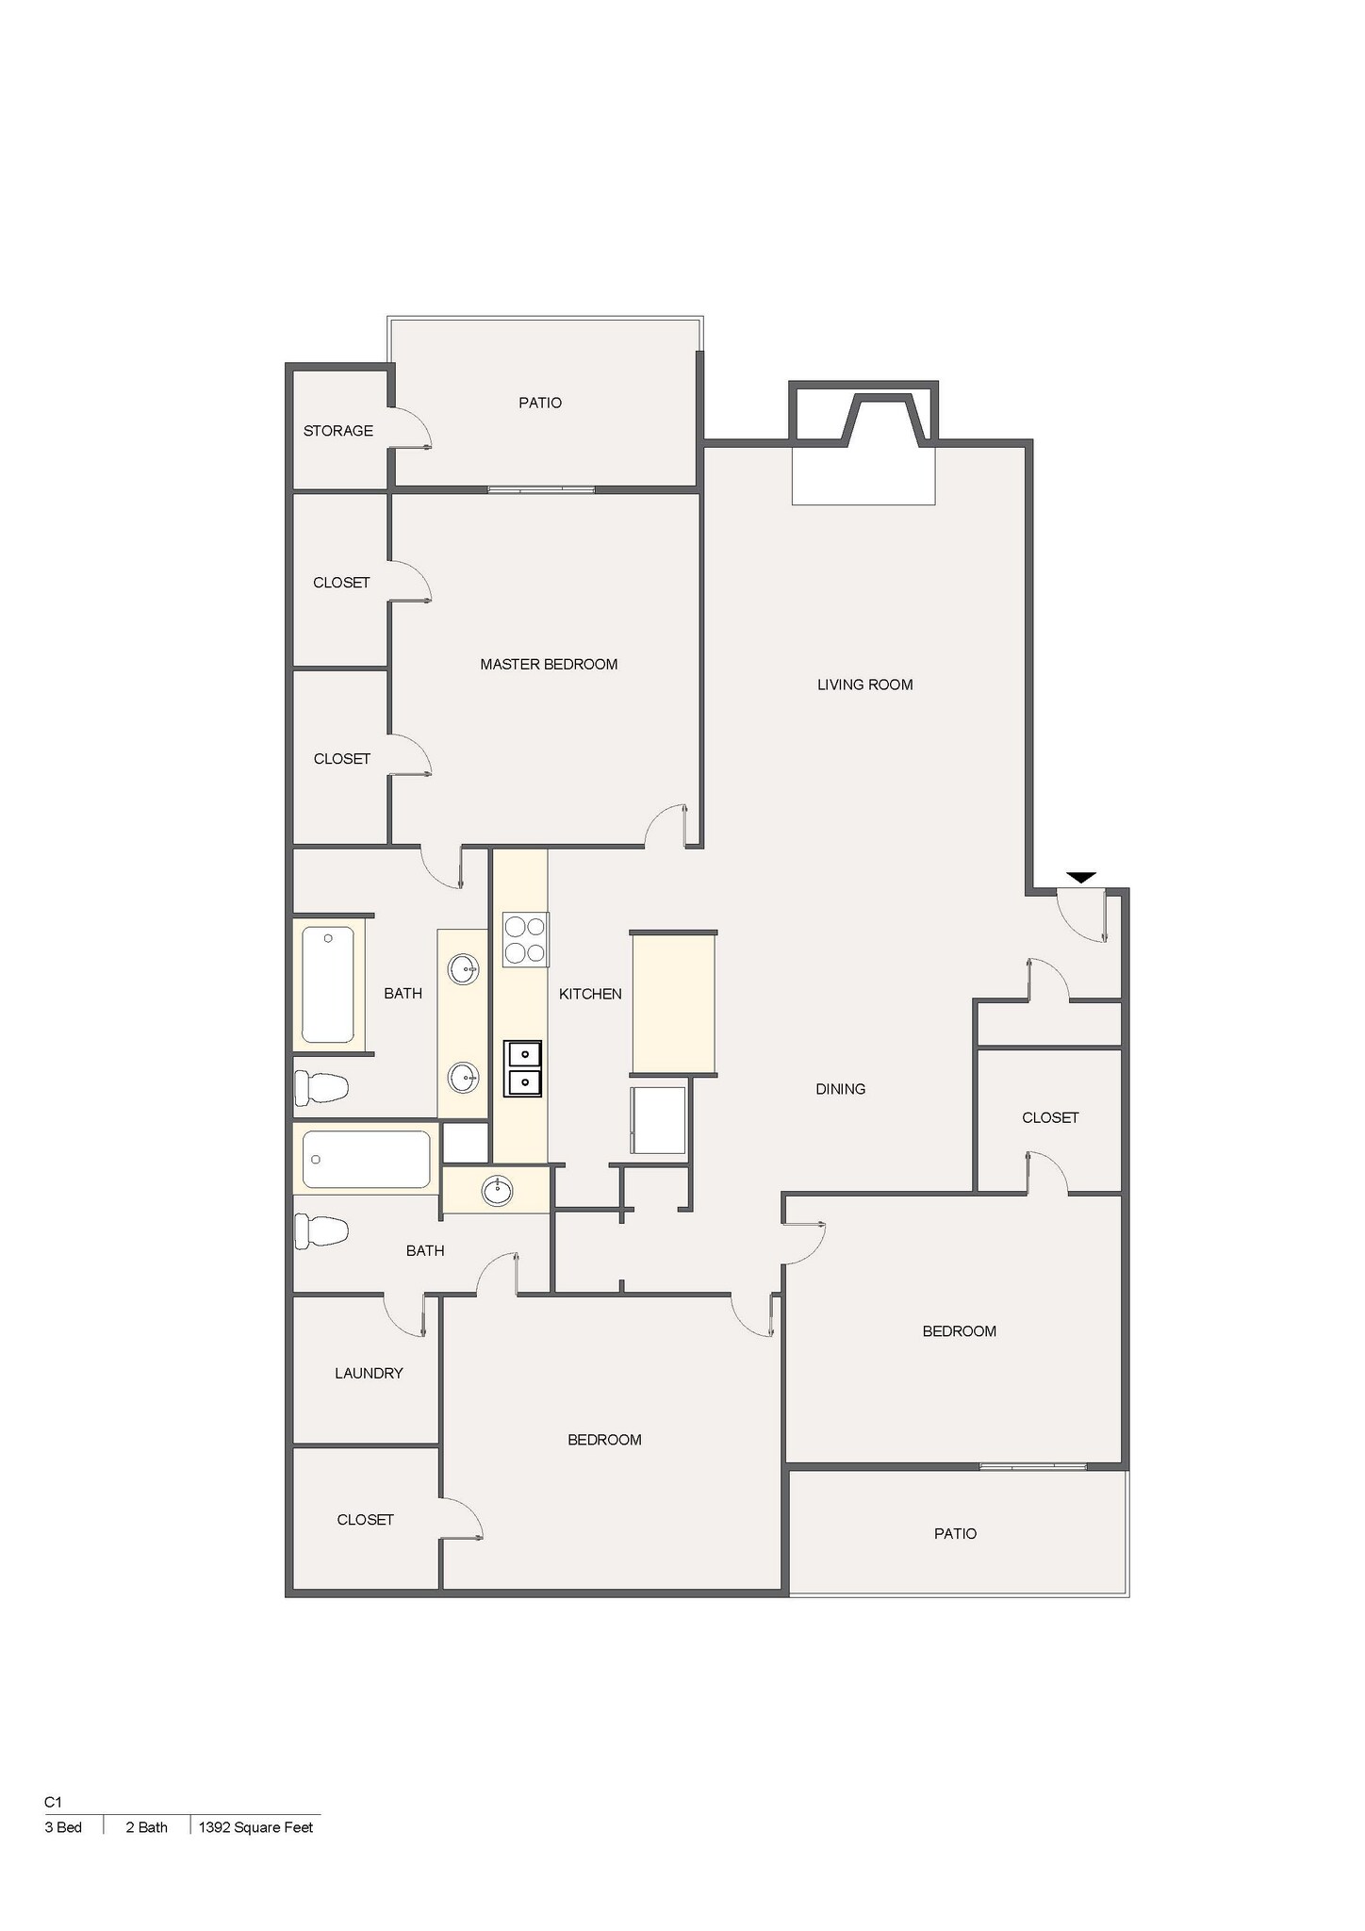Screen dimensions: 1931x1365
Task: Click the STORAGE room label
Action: coord(337,431)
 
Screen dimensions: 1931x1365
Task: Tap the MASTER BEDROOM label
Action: coord(549,664)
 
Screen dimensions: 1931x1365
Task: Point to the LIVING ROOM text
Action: coord(864,685)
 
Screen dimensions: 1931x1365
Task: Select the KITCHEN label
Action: coord(590,994)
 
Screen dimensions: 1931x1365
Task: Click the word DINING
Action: coord(840,1089)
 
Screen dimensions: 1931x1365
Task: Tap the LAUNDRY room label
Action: coord(369,1373)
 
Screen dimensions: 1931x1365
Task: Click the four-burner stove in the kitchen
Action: coord(525,939)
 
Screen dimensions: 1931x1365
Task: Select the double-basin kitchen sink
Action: coord(523,1068)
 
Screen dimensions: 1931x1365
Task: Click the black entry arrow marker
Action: coord(1081,877)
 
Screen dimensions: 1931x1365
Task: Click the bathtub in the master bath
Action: coord(328,983)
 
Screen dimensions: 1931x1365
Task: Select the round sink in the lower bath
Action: coord(497,1191)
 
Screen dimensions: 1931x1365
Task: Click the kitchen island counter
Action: coord(673,1002)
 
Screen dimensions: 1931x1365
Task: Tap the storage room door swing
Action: coord(413,428)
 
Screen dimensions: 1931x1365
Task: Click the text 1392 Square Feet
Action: coord(255,1826)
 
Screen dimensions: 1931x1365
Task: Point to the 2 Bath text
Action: coord(146,1826)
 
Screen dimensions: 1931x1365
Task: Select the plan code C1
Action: coord(53,1802)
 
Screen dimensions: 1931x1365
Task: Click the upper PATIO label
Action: coord(540,403)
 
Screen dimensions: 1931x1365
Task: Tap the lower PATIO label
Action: coord(955,1533)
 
